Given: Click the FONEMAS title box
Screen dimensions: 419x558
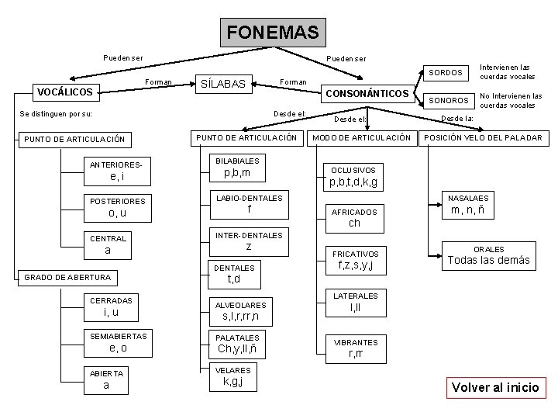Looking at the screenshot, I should tap(273, 33).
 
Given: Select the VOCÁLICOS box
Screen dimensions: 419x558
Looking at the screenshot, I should tap(65, 92).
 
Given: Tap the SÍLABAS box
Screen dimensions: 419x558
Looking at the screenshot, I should tap(223, 84).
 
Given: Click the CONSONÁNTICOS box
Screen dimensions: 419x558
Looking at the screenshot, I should tap(367, 93).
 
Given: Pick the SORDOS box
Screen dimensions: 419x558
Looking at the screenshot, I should tap(446, 73).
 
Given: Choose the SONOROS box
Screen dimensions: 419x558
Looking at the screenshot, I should tap(449, 101).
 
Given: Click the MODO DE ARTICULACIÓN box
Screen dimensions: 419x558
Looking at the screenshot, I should tap(361, 138).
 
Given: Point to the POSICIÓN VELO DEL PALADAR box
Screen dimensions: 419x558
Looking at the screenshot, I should tap(483, 138).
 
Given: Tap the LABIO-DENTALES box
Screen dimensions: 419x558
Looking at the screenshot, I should tap(249, 204).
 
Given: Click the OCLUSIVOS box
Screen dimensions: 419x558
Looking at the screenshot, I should tap(353, 176).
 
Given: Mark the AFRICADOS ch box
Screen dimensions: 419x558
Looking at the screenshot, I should tap(354, 217).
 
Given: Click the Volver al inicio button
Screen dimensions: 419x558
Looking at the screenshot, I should tap(495, 387).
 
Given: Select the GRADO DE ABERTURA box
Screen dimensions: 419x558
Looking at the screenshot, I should tap(68, 277).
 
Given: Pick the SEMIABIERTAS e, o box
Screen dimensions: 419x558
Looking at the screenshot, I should tap(119, 342).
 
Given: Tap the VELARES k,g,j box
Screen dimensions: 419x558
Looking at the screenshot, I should tap(232, 376).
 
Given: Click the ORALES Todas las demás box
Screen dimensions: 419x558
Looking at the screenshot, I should tap(489, 255).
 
